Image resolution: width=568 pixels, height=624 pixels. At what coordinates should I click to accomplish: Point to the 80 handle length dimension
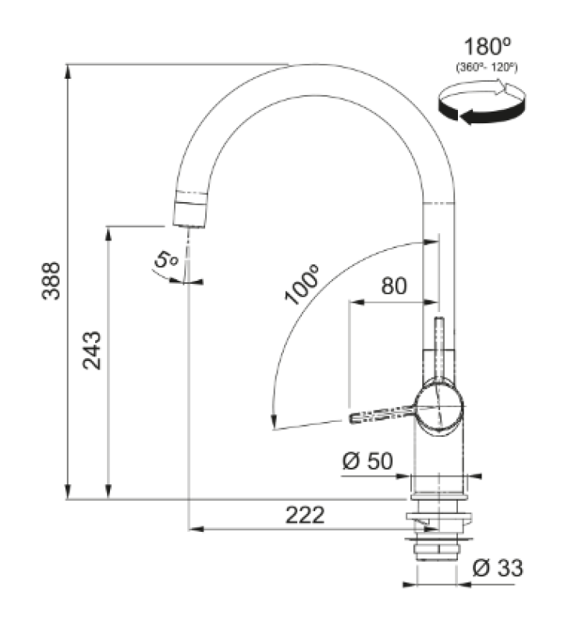[x=393, y=285]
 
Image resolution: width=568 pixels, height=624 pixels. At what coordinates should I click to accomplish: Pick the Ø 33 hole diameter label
[x=497, y=569]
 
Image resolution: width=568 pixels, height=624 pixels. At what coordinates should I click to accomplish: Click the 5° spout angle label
[x=166, y=259]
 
